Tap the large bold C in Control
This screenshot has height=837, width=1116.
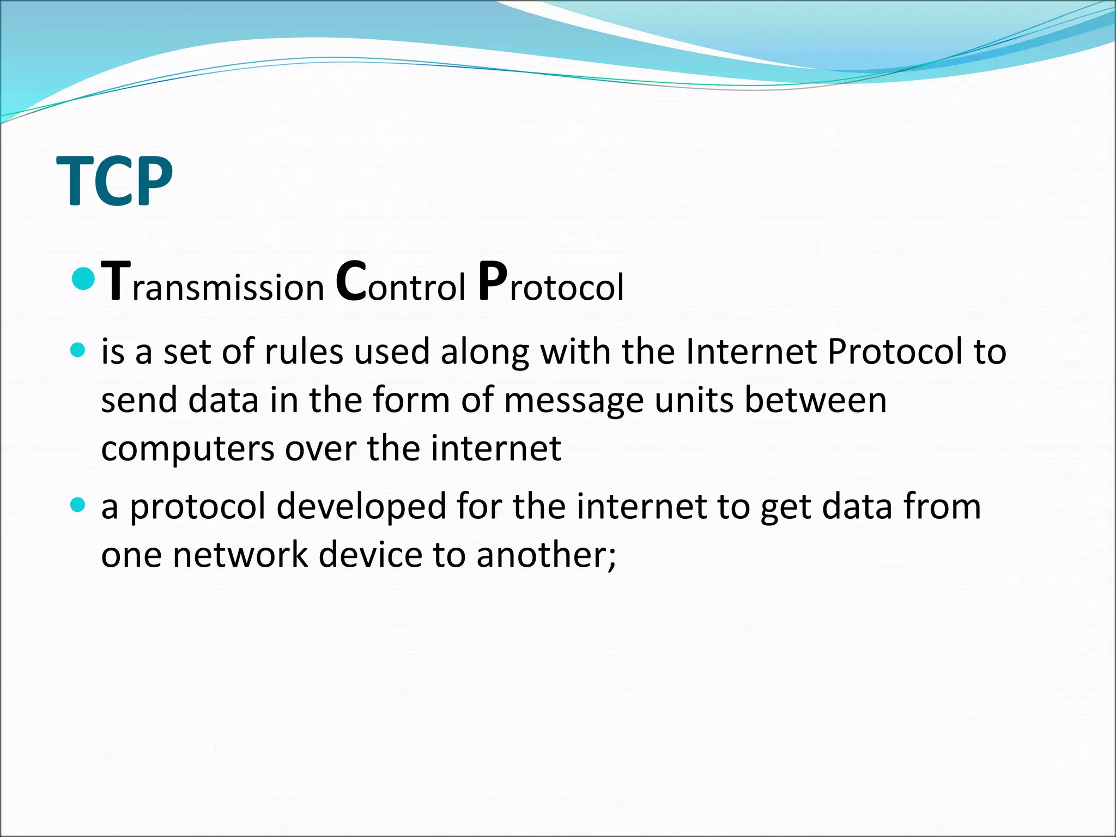coord(350,282)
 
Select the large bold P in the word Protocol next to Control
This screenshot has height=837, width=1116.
coord(493,282)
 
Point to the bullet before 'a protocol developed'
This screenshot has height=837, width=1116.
coord(78,505)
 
